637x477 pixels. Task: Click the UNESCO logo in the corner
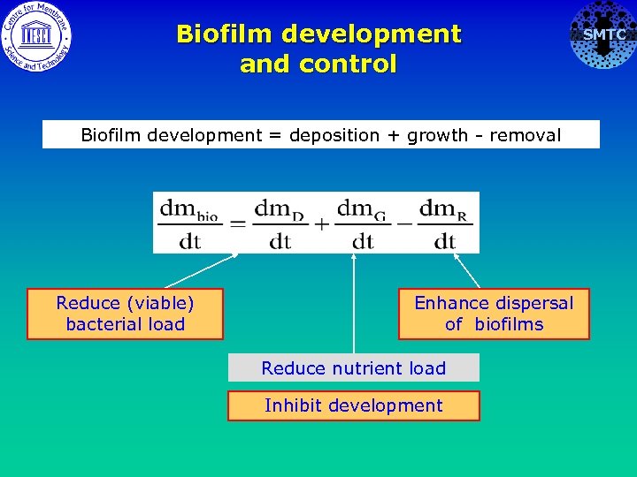(x=36, y=36)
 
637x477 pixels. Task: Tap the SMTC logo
(x=602, y=35)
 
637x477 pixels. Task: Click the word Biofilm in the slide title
(x=226, y=34)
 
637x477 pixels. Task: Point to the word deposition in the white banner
(x=342, y=135)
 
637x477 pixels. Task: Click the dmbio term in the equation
(x=189, y=223)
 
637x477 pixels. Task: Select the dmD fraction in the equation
(x=280, y=223)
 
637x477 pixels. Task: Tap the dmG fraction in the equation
(x=363, y=223)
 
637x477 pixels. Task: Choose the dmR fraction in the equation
(x=444, y=223)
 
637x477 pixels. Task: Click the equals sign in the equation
(x=236, y=224)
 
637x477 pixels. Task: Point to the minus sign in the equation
(x=403, y=223)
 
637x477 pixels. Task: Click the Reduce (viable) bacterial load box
(x=125, y=314)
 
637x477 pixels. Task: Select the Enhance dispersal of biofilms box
(x=494, y=314)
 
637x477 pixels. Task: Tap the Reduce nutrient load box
(x=353, y=368)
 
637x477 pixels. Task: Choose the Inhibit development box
(x=353, y=406)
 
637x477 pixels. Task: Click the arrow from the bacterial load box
(x=199, y=272)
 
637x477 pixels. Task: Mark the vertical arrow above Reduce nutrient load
(x=354, y=300)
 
